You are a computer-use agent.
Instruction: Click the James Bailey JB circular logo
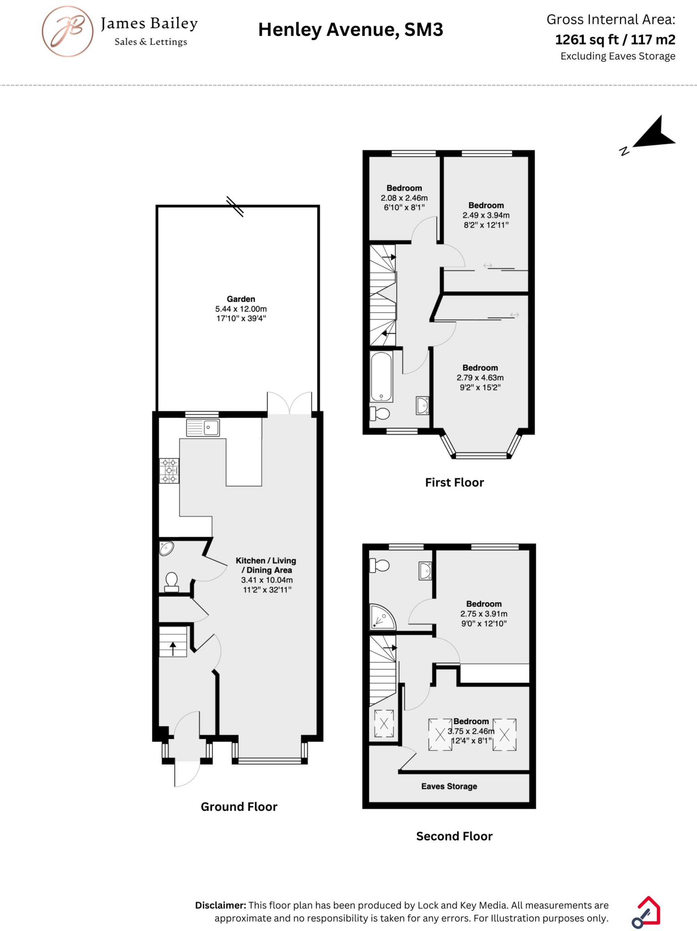point(68,31)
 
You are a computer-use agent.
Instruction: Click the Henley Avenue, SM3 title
point(350,30)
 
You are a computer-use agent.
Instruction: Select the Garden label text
point(241,299)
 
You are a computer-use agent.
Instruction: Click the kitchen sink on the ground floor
point(203,428)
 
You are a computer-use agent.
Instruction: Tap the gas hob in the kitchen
point(169,471)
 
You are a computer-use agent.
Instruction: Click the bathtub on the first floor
point(381,376)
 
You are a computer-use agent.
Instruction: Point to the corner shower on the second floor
point(381,617)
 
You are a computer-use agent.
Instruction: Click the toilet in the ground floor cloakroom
point(172,582)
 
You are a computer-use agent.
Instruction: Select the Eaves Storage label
point(449,786)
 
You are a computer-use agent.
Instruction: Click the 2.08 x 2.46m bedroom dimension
point(404,198)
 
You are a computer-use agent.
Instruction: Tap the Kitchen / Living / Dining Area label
point(266,566)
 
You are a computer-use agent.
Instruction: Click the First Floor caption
point(454,482)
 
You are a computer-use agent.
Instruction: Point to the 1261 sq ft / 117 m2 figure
point(615,40)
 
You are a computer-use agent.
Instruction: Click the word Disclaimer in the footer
point(221,905)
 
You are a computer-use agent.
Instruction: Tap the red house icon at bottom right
point(646,911)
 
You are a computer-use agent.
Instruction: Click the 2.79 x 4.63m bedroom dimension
point(480,378)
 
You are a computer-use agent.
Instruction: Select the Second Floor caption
point(454,836)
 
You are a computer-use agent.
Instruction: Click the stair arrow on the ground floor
point(173,648)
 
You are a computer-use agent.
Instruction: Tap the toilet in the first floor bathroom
point(380,414)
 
